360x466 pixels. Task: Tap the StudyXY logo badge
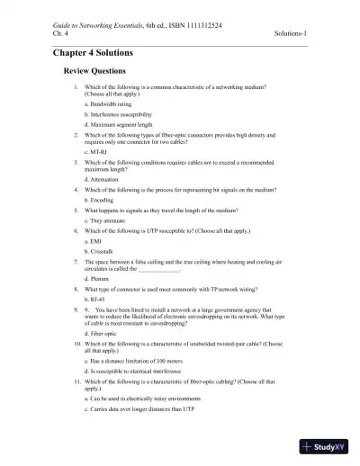pos(328,446)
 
